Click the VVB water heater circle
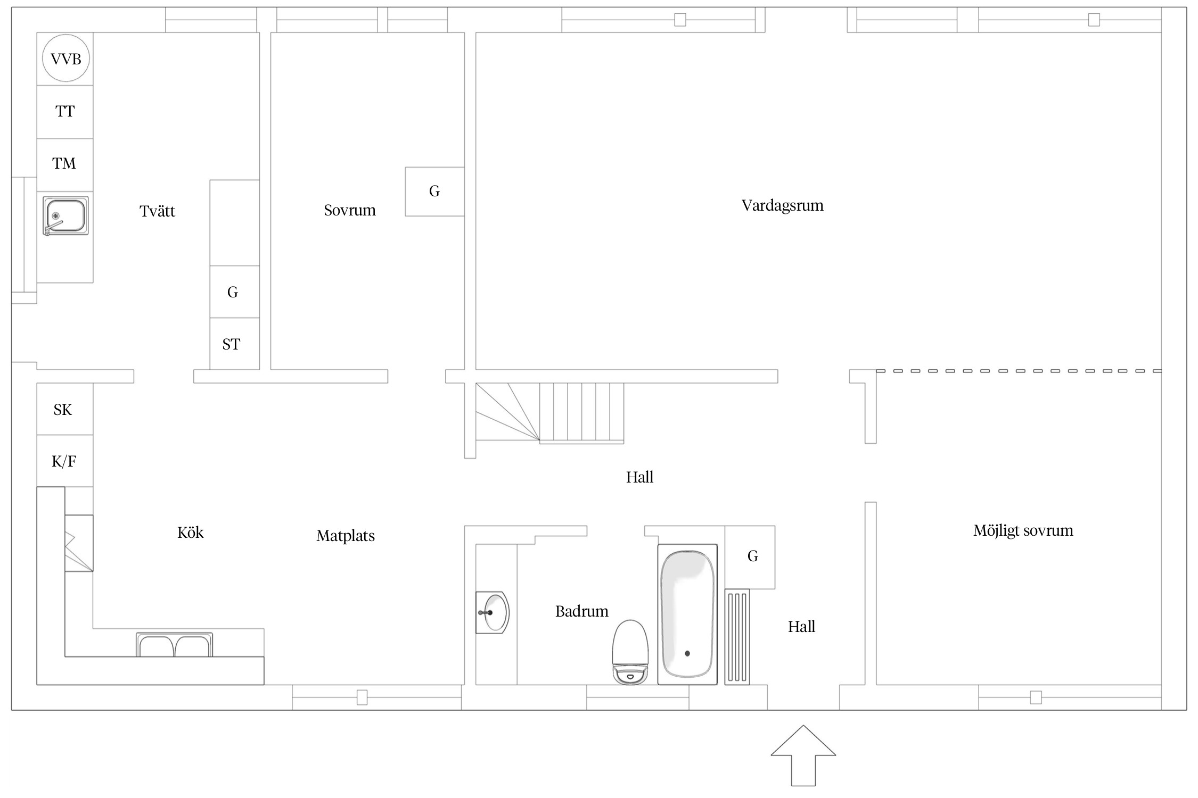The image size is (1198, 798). (x=66, y=58)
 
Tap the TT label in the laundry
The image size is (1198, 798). (x=65, y=111)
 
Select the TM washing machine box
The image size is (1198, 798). (x=65, y=165)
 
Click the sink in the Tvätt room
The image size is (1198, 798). (x=65, y=216)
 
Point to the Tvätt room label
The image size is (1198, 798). (x=157, y=211)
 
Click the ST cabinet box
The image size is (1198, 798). (x=235, y=344)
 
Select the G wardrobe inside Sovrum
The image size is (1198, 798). (x=434, y=192)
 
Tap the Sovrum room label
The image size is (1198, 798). (x=350, y=210)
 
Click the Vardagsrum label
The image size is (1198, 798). (x=782, y=206)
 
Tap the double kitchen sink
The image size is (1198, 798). (x=174, y=645)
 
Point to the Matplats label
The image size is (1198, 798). (x=346, y=536)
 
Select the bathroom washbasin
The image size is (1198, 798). (x=493, y=613)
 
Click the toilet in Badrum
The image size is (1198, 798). (x=630, y=652)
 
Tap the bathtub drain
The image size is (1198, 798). (x=687, y=653)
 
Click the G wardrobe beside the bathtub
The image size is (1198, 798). (x=750, y=557)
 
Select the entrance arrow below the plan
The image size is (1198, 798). (x=803, y=755)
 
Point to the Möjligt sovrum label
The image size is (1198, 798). (x=1023, y=531)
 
